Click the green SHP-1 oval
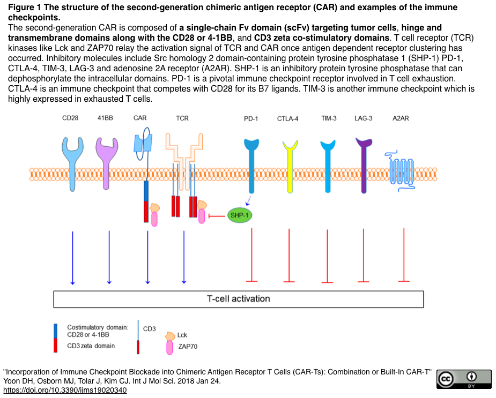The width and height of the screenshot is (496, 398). (239, 215)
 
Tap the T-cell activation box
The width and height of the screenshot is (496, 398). (238, 299)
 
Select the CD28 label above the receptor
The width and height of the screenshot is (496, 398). (70, 118)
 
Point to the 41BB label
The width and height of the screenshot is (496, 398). (105, 118)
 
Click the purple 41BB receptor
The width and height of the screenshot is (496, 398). (107, 161)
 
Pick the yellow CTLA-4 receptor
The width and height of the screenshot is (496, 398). (290, 166)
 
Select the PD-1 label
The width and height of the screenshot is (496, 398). (251, 119)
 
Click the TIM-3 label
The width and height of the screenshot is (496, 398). (329, 118)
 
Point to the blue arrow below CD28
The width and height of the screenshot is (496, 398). (72, 257)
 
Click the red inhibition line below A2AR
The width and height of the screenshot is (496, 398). (404, 255)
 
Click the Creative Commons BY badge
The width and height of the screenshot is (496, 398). (464, 379)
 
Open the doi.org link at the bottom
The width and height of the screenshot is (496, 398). (64, 390)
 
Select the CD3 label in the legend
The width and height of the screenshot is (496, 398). (149, 328)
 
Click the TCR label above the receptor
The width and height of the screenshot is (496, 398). (182, 118)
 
